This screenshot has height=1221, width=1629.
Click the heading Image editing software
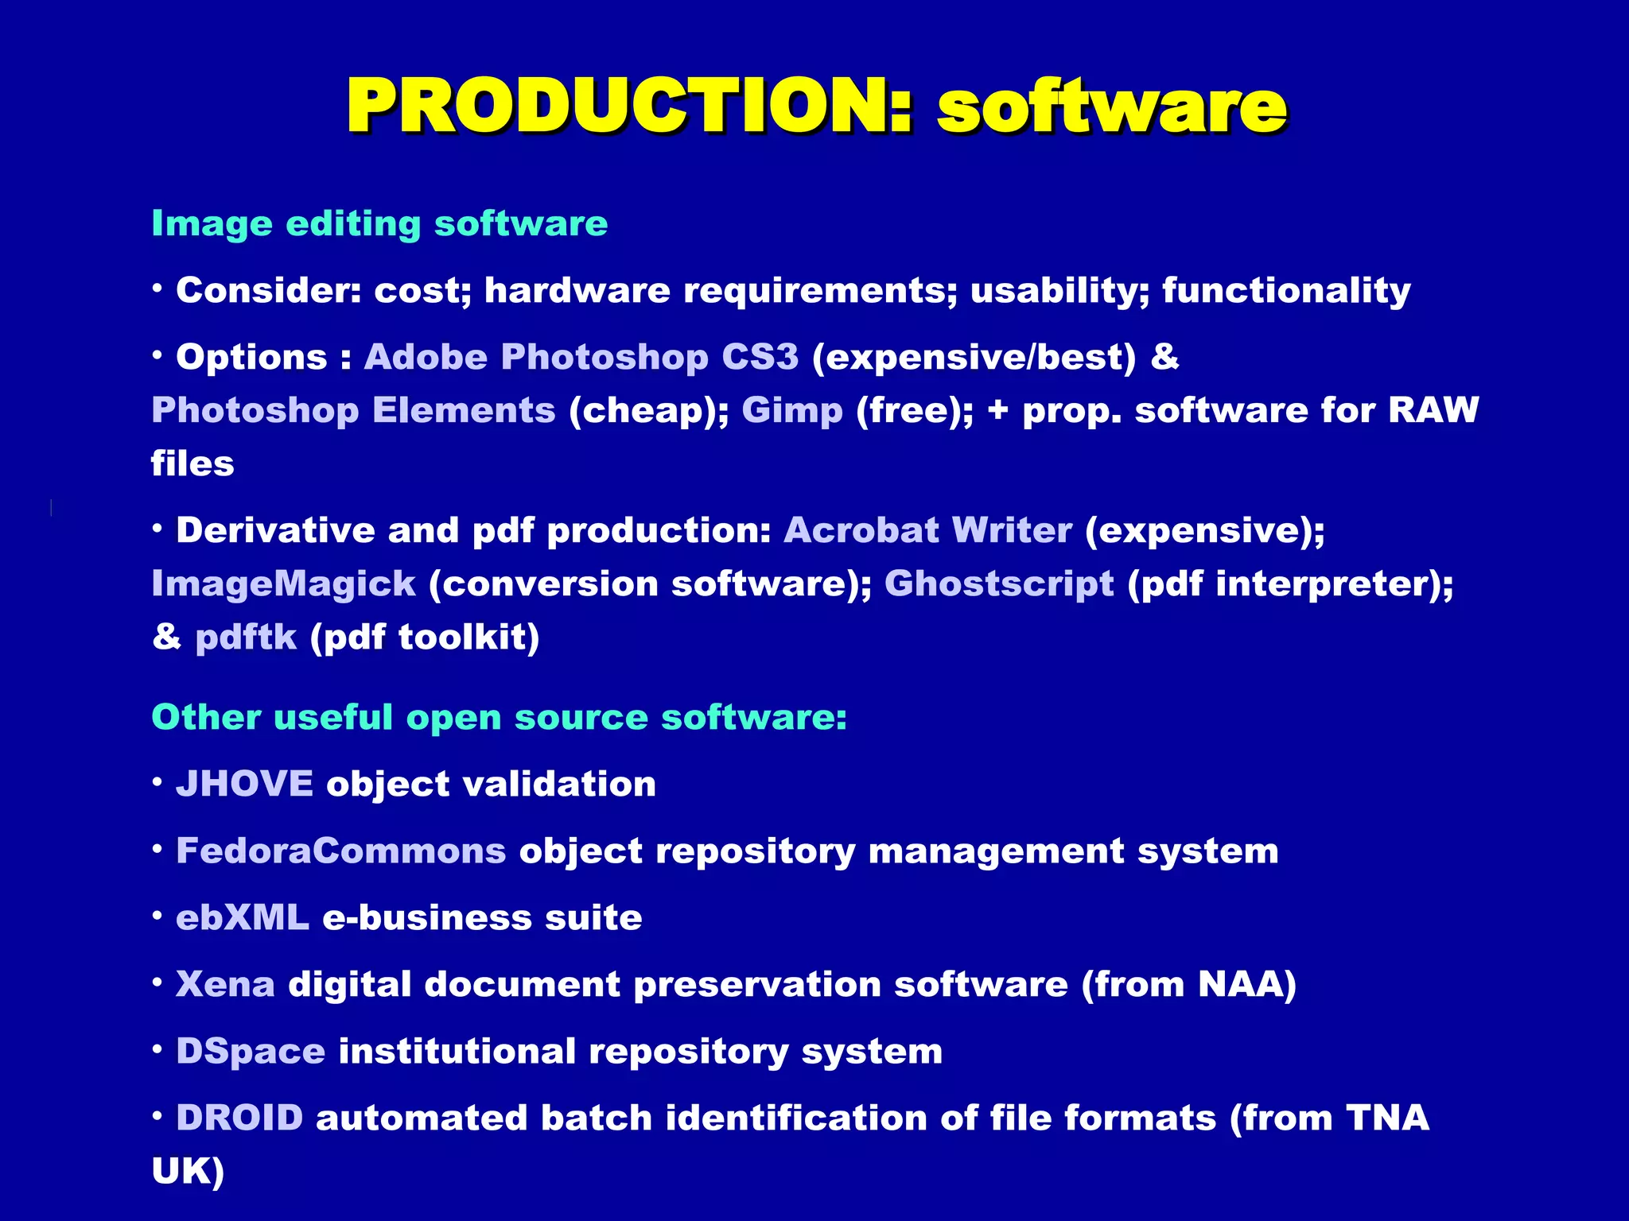[x=379, y=223]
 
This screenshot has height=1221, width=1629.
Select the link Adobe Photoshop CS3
[x=581, y=357]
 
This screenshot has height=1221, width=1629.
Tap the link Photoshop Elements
[x=353, y=411]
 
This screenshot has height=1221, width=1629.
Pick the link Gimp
[x=792, y=411]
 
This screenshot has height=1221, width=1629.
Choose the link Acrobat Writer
[x=927, y=530]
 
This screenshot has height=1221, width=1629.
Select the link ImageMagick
[x=283, y=584]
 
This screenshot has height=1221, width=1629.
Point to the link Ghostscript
[x=999, y=584]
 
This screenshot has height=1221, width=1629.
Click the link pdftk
[x=246, y=638]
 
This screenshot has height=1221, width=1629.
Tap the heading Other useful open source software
[x=499, y=717]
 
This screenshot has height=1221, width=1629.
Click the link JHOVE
[x=244, y=784]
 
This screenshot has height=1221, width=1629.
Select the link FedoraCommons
[x=340, y=851]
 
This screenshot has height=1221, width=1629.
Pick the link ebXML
[x=242, y=917]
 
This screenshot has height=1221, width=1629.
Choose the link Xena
[x=225, y=984]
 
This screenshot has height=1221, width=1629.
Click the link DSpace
[x=251, y=1051]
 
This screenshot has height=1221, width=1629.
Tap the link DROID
[x=239, y=1118]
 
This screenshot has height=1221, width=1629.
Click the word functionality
[x=1286, y=291]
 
